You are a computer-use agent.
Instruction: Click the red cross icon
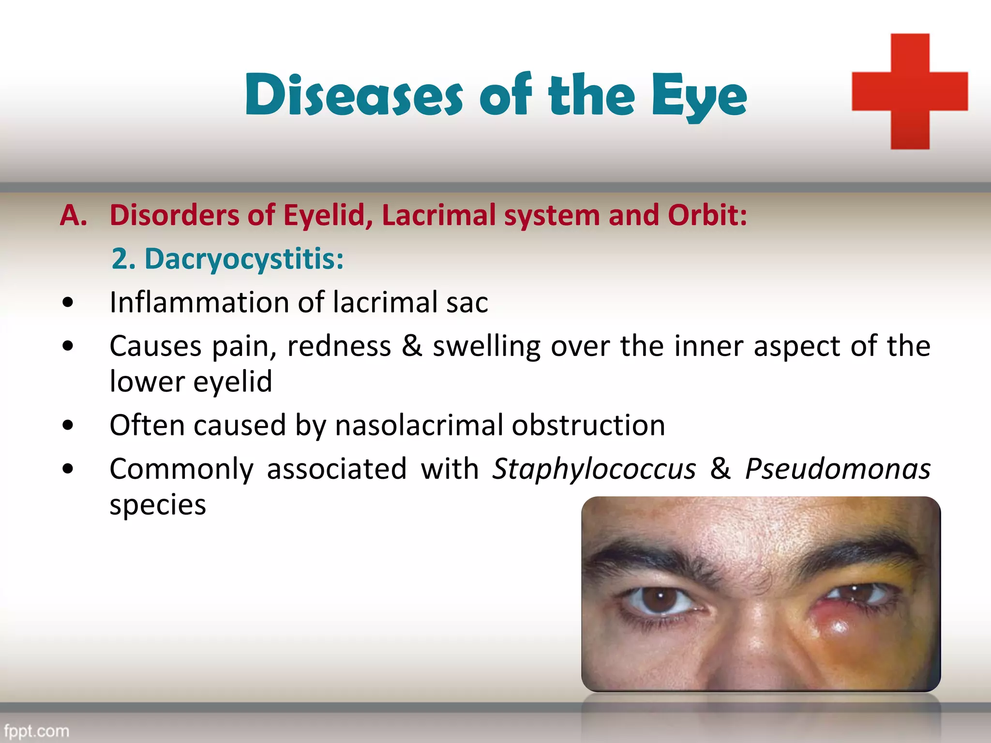pyautogui.click(x=910, y=91)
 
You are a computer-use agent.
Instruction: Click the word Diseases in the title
pyautogui.click(x=354, y=95)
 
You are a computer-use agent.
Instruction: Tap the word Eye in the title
pyautogui.click(x=699, y=97)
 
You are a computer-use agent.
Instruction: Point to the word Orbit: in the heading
pyautogui.click(x=707, y=215)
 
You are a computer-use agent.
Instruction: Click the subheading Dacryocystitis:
pyautogui.click(x=244, y=259)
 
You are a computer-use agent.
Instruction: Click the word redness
pyautogui.click(x=339, y=347)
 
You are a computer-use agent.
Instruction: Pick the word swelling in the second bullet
pyautogui.click(x=486, y=347)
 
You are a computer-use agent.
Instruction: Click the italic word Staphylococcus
pyautogui.click(x=594, y=469)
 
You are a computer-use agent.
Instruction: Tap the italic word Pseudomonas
pyautogui.click(x=837, y=469)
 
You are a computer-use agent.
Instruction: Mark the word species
pyautogui.click(x=158, y=505)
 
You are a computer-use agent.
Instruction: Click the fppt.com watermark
pyautogui.click(x=36, y=730)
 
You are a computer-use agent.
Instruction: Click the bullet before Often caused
pyautogui.click(x=68, y=426)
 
